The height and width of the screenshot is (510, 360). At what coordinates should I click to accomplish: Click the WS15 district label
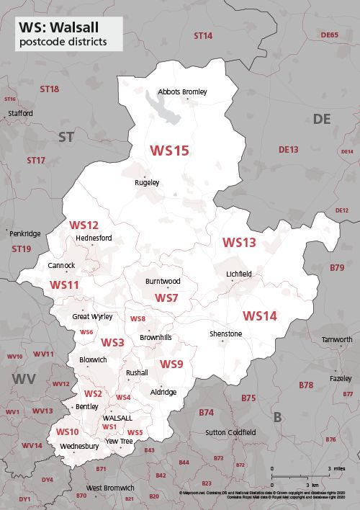(x=169, y=151)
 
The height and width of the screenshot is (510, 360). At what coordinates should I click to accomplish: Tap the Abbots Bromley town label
(x=182, y=92)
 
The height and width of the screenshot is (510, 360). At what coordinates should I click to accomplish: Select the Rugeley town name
(x=147, y=183)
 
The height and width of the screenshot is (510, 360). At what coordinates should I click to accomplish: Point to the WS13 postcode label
(x=238, y=243)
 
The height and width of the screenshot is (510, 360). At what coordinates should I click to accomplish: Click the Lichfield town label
(x=239, y=274)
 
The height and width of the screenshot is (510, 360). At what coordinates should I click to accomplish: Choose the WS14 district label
(x=259, y=316)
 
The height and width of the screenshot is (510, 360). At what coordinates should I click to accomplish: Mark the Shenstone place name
(x=225, y=334)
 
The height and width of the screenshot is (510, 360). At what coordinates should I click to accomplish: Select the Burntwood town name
(x=162, y=281)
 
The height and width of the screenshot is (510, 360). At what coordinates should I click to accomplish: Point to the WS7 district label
(x=166, y=297)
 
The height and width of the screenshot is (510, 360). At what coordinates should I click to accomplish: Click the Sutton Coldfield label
(x=230, y=433)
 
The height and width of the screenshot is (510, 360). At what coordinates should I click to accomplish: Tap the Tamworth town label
(x=336, y=339)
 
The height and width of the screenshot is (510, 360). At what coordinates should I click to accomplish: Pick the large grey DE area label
(x=321, y=119)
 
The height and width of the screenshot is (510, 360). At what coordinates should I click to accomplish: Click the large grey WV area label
(x=22, y=378)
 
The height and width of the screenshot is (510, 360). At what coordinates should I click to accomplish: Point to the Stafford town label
(x=19, y=114)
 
